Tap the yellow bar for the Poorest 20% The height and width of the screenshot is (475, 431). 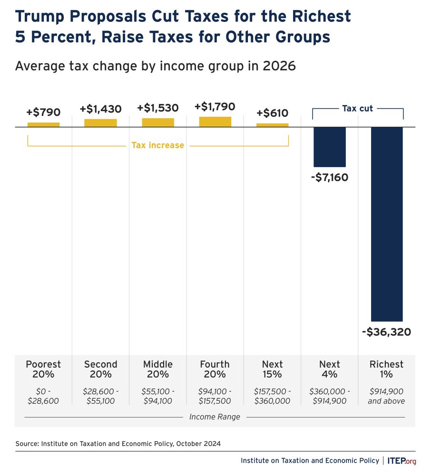[43, 124]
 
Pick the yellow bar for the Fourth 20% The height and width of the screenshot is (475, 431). [215, 122]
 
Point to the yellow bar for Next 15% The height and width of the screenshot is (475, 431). [272, 125]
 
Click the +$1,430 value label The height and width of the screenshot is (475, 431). [100, 109]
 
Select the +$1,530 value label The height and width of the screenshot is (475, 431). [158, 109]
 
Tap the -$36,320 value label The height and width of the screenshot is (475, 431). [386, 332]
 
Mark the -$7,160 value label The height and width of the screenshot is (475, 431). [329, 178]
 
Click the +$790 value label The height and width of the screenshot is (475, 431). [43, 113]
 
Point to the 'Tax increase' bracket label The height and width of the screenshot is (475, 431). [157, 145]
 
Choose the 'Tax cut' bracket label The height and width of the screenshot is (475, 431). [357, 109]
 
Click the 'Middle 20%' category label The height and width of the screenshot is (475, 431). [158, 369]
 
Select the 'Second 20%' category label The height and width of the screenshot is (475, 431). [100, 369]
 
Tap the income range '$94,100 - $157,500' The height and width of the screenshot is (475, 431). [215, 396]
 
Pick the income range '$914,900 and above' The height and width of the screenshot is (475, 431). [386, 396]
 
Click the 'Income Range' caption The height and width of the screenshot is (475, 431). [215, 417]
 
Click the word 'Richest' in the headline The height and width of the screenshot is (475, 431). [317, 16]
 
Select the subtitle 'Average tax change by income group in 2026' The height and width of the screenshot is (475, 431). [155, 66]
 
